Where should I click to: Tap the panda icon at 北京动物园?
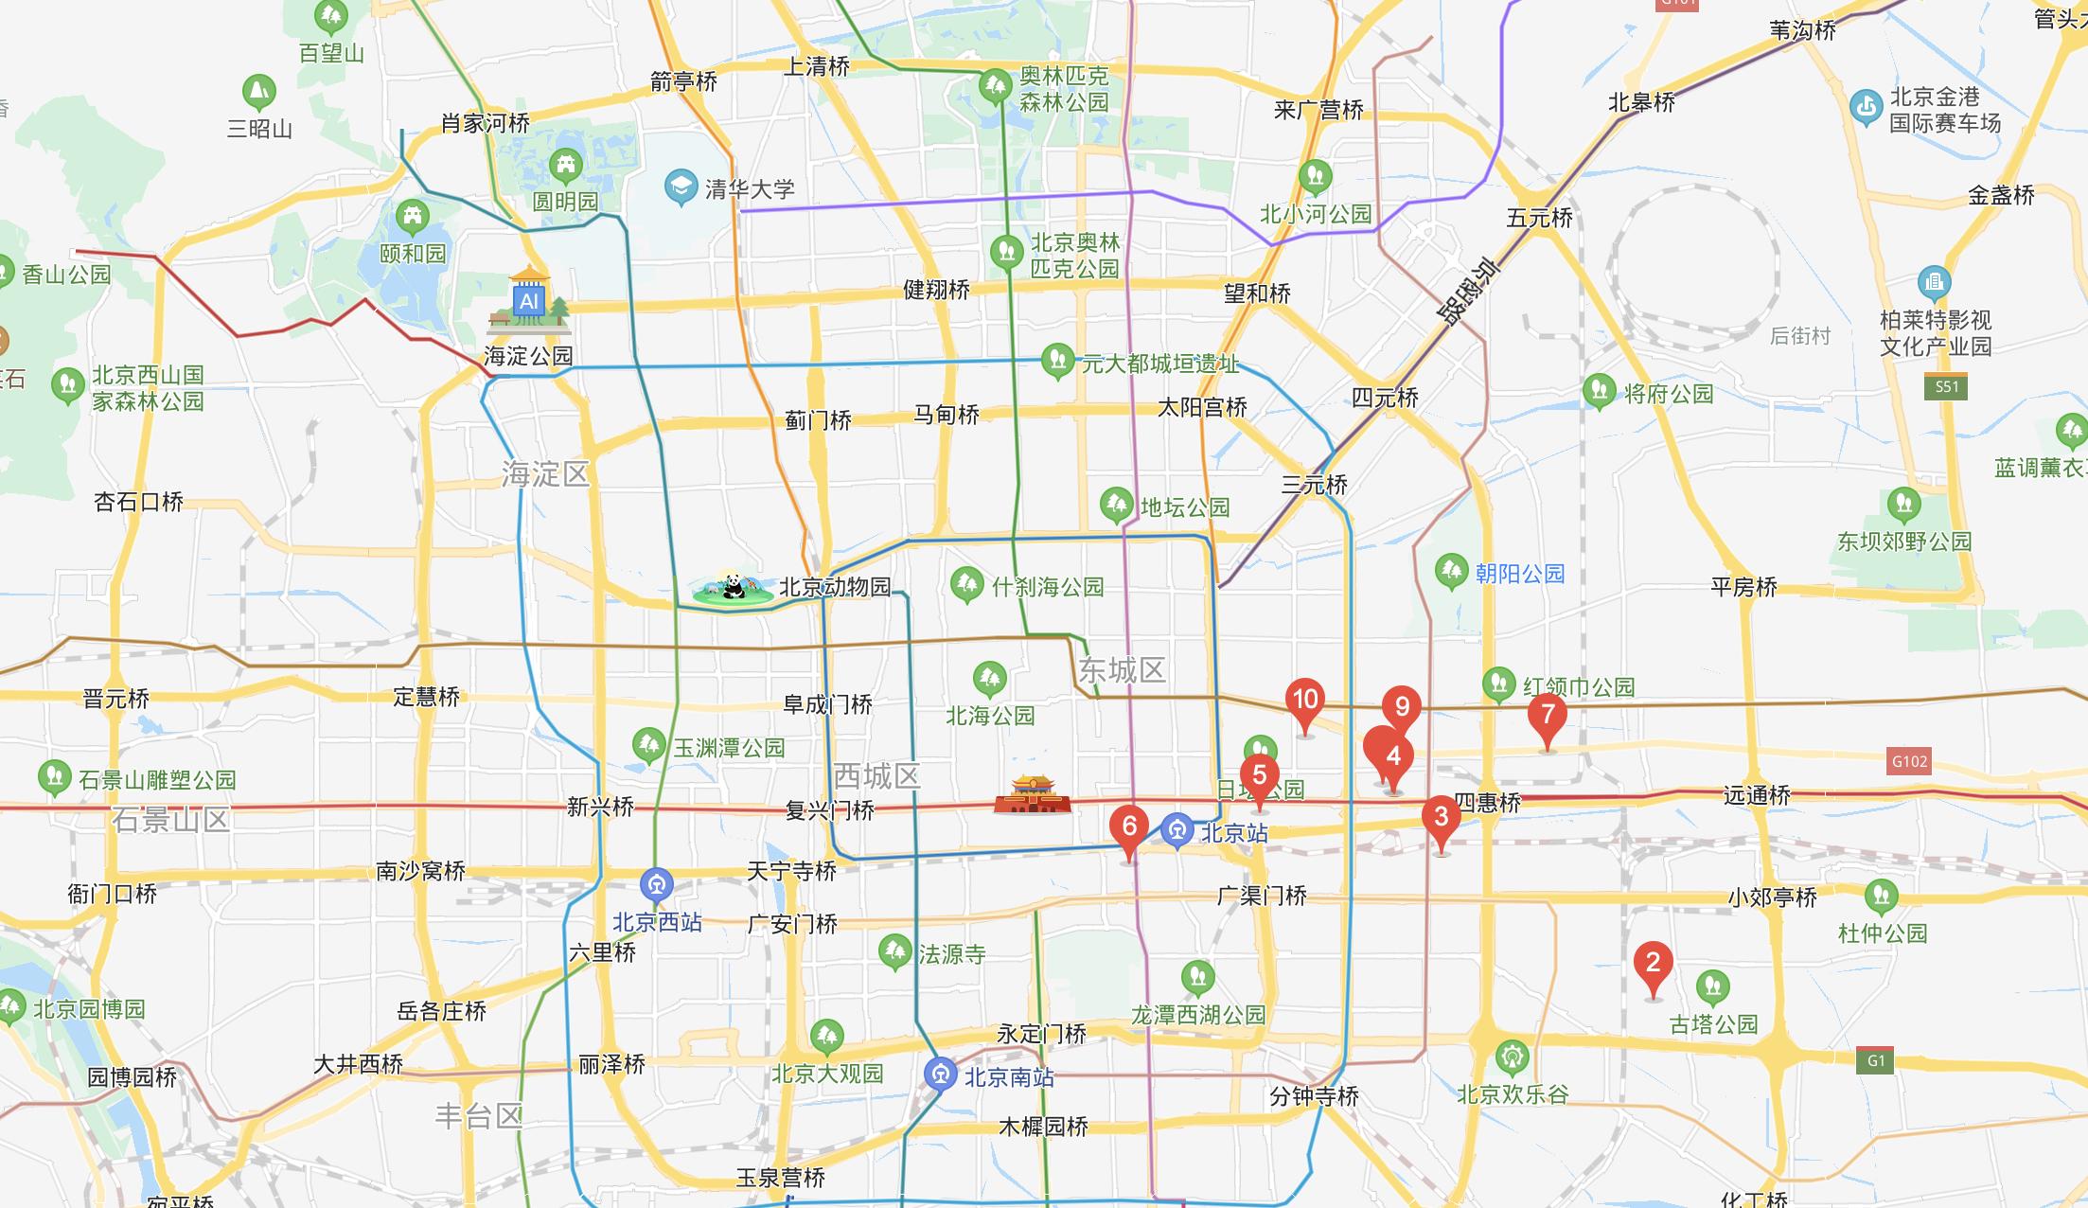coord(731,589)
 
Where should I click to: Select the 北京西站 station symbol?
coord(656,886)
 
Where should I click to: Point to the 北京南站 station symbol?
coord(941,1075)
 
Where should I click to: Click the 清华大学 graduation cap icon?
coord(681,187)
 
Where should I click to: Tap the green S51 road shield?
coord(1946,386)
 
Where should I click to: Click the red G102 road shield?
coord(1908,761)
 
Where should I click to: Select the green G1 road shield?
coord(1876,1060)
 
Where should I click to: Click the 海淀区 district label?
coord(545,473)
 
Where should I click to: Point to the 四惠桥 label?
coord(1487,804)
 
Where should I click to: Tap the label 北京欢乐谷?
coord(1513,1094)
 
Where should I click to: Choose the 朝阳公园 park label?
coord(1519,574)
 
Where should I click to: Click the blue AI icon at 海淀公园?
coord(528,301)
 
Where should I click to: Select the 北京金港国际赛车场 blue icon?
coord(1866,108)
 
